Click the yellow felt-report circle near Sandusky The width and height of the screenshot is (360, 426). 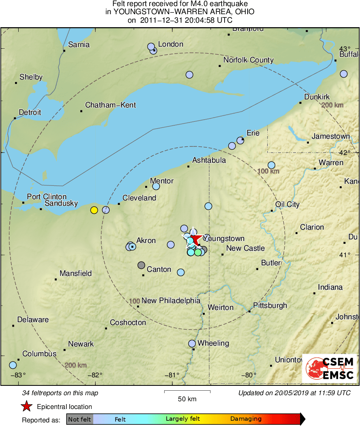(94, 210)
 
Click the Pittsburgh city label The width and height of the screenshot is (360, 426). (270, 306)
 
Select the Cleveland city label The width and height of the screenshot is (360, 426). (139, 198)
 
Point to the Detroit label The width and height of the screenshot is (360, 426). (30, 112)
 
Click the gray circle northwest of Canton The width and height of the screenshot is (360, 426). (141, 265)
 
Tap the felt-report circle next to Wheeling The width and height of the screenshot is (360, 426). (192, 343)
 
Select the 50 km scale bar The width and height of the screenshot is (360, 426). (187, 392)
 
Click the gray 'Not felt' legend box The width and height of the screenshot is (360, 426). (79, 419)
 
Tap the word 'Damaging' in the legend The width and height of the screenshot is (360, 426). (246, 419)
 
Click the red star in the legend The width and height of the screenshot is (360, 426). (26, 406)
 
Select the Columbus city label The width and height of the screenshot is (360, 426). (39, 354)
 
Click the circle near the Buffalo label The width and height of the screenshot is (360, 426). (344, 74)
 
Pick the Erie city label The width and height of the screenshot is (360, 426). (253, 133)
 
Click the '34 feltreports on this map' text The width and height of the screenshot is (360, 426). (60, 393)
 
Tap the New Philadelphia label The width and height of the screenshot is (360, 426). (171, 301)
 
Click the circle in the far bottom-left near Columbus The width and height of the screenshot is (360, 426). (13, 365)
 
